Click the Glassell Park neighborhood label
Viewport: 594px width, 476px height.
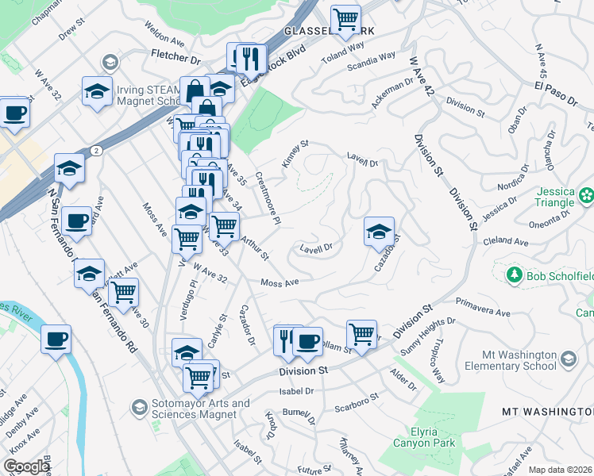(x=320, y=30)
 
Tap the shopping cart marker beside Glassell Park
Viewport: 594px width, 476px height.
(x=345, y=19)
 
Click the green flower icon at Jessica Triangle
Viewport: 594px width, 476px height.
(x=587, y=194)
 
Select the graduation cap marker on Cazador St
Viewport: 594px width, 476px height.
(x=380, y=231)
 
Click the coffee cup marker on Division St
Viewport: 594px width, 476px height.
(x=307, y=341)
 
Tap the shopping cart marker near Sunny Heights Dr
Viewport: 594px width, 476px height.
(x=361, y=334)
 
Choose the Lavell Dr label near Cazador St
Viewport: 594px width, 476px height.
(x=315, y=248)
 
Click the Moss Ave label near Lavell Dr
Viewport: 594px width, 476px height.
(x=280, y=282)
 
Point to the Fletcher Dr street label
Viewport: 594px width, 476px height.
(x=175, y=58)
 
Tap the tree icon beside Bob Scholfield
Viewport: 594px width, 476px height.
(x=514, y=274)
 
